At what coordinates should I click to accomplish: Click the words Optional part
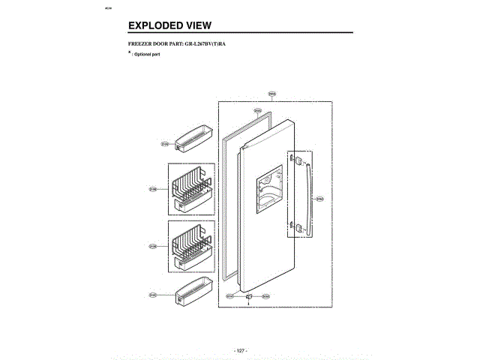tap(150, 55)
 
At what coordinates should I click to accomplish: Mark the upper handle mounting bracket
tap(296, 161)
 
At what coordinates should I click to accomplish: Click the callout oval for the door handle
tap(319, 199)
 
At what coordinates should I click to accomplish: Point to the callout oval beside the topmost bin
tap(164, 142)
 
